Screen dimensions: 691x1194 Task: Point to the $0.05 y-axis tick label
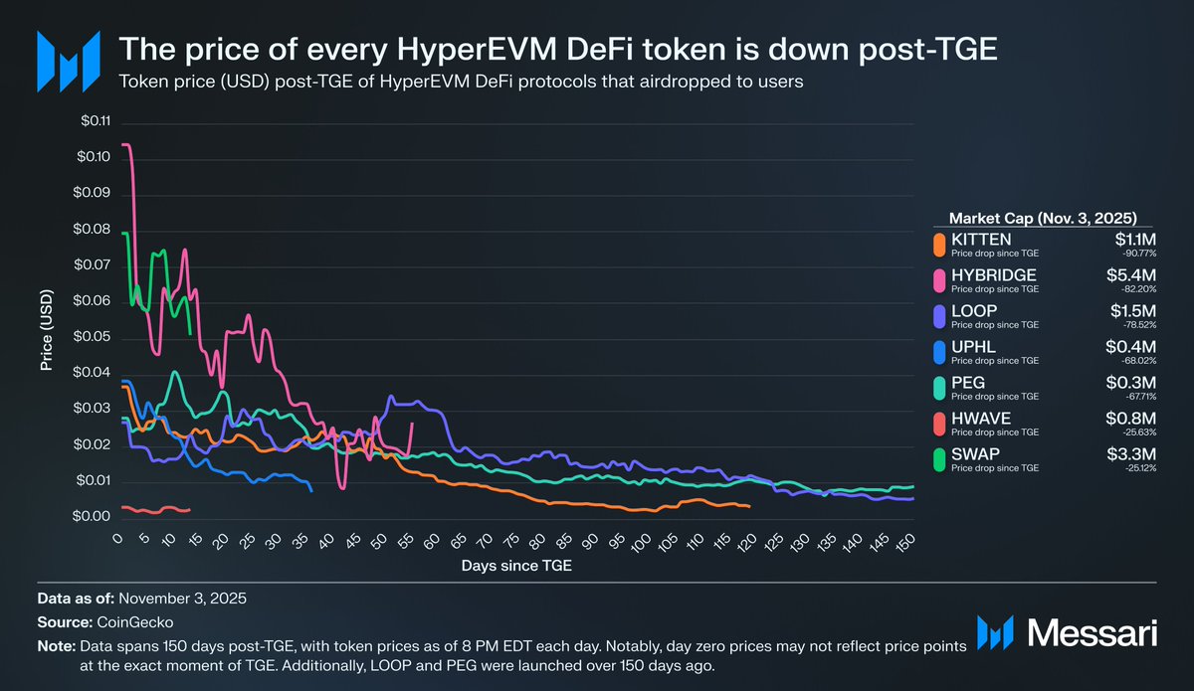pyautogui.click(x=95, y=338)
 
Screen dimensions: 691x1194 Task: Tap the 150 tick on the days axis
pyautogui.click(x=906, y=541)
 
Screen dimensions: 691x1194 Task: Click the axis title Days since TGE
pyautogui.click(x=516, y=566)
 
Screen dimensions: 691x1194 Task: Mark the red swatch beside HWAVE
pyautogui.click(x=937, y=423)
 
